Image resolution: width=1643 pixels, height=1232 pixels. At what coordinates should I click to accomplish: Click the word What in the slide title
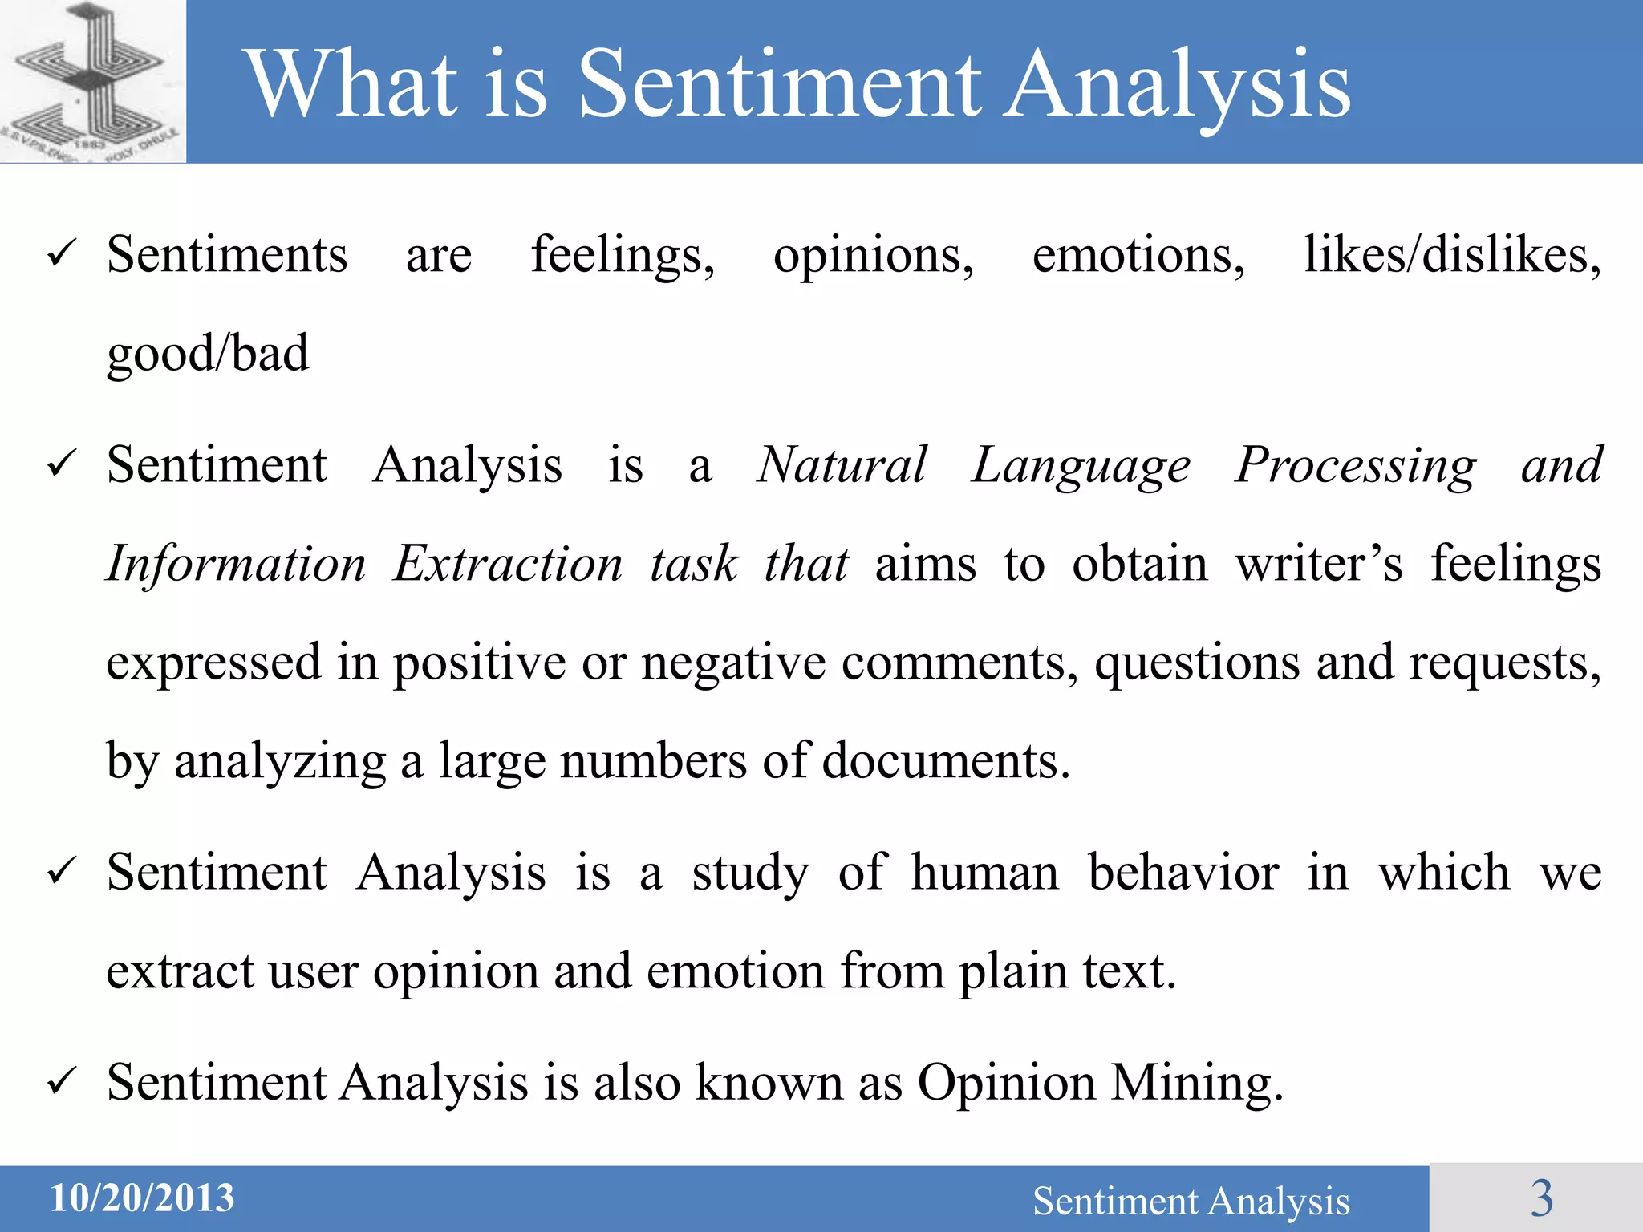click(352, 83)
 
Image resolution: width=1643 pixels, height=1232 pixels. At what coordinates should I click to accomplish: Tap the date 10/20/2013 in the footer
click(142, 1198)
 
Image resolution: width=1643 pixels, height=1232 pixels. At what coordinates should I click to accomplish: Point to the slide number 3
click(1541, 1198)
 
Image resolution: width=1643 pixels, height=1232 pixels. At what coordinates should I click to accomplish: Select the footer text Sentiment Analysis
click(1191, 1201)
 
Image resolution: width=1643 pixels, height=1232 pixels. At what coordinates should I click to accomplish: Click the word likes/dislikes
click(1452, 255)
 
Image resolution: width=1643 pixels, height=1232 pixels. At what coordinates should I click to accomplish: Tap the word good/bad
click(208, 353)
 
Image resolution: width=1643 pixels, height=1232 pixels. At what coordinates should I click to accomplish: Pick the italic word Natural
click(842, 465)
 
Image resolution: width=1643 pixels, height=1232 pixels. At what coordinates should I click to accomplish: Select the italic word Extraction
click(508, 564)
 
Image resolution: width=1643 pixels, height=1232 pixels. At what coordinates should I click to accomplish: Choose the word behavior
click(1183, 873)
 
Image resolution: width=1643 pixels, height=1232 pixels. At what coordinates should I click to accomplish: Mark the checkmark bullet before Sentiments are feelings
click(62, 255)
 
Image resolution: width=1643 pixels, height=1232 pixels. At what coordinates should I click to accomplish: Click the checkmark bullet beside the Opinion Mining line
click(62, 1083)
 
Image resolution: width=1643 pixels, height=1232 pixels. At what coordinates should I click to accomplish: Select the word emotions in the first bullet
click(1138, 255)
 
